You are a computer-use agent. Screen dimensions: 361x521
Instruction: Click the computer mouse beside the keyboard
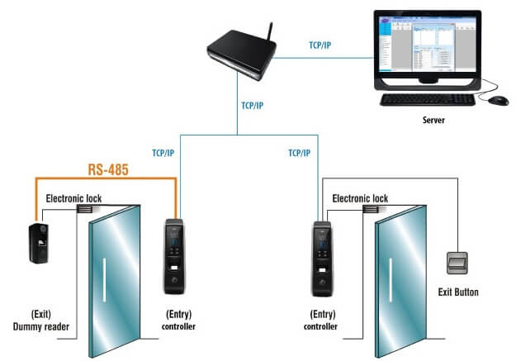[x=498, y=100]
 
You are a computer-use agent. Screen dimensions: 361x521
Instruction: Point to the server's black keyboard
[x=427, y=99]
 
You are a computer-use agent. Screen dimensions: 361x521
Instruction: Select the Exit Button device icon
[x=456, y=264]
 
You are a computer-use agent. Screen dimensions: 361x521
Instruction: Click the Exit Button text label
[x=458, y=292]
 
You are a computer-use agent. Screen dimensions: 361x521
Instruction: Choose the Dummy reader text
[x=45, y=327]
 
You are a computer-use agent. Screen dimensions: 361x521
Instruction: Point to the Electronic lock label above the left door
[x=74, y=198]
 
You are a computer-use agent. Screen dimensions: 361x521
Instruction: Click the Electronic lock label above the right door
[x=360, y=198]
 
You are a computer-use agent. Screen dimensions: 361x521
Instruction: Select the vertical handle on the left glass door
[x=106, y=280]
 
